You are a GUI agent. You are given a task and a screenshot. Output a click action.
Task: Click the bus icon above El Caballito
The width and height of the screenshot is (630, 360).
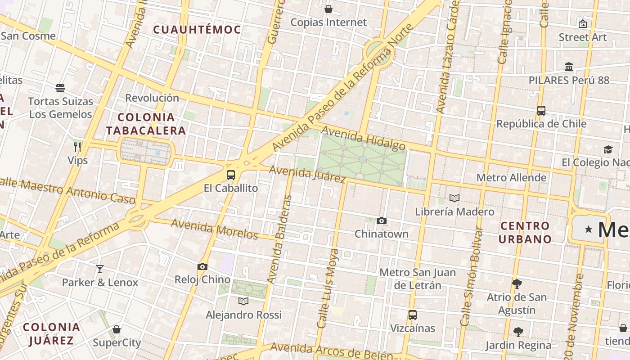point(231,175)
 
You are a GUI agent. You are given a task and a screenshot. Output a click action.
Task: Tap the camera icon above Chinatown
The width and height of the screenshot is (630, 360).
point(382,220)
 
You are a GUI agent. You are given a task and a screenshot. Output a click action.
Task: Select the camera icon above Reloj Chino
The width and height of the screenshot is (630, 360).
point(202,266)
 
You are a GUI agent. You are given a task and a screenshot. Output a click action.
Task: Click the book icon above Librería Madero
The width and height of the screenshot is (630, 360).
point(454,198)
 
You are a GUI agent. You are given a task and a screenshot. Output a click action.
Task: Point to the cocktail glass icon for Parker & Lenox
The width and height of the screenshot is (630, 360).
point(100,269)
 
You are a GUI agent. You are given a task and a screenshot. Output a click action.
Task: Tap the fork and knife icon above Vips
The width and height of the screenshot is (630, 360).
point(77,147)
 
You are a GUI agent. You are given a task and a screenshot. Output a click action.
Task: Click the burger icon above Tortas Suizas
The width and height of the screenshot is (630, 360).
point(60,88)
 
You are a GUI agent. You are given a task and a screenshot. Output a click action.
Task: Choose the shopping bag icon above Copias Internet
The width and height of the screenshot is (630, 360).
point(328,9)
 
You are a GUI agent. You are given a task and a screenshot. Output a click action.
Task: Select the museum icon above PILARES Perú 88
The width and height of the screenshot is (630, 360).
point(569,67)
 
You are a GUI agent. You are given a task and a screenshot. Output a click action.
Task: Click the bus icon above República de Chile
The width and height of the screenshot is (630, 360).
point(541,110)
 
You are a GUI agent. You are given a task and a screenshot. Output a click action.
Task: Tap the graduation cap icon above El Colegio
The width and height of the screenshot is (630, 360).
point(608,149)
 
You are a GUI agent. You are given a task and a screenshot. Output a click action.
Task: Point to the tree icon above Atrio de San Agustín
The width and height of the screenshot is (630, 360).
point(517,283)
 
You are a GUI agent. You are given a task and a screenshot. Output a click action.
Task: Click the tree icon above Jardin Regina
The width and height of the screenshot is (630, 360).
point(518,332)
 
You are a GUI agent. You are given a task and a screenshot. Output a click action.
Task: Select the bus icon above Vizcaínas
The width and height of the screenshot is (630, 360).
point(413,315)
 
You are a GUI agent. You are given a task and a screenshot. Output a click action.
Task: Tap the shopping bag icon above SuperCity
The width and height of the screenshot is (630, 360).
point(117,329)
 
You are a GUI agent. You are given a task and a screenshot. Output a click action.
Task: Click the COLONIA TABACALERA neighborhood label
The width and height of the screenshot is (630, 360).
point(146,124)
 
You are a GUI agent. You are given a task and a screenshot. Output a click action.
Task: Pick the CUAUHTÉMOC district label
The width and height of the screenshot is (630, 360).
point(197,30)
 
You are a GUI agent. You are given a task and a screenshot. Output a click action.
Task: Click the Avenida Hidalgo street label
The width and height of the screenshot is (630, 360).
point(364,138)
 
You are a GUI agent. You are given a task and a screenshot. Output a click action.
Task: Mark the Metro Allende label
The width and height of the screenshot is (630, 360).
point(511,178)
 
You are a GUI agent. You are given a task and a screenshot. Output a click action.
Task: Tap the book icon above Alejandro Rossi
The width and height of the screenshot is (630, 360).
point(243,301)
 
